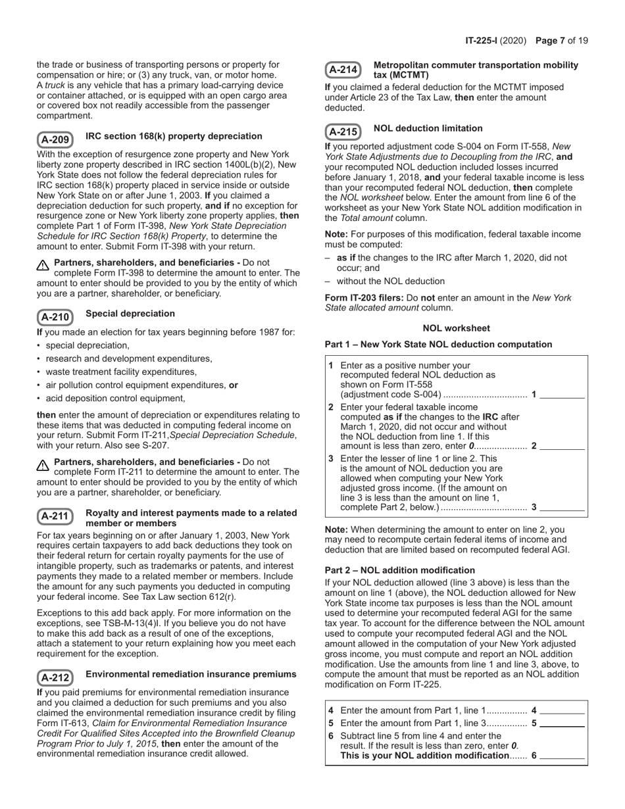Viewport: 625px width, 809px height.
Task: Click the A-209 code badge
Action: tap(55, 139)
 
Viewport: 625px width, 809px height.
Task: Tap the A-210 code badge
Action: tap(55, 317)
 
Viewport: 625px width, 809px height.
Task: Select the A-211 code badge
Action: tap(55, 516)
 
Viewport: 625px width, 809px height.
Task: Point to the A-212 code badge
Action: tap(55, 677)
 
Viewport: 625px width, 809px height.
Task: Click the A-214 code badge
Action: tap(343, 69)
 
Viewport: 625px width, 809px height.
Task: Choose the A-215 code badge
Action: tap(343, 132)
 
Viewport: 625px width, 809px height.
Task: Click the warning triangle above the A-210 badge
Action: tap(43, 265)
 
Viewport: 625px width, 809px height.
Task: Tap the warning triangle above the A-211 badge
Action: tap(43, 464)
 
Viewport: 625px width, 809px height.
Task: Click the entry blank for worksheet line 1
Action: tap(562, 395)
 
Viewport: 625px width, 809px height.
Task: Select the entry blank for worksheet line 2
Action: tap(562, 446)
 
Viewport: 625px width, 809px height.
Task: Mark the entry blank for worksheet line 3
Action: tap(562, 507)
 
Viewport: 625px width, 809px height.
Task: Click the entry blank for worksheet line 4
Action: tap(562, 710)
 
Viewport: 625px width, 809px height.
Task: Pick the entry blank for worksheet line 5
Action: tap(562, 723)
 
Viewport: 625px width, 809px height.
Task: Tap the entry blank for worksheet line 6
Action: tap(562, 756)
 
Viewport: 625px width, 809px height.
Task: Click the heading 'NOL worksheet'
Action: tap(456, 328)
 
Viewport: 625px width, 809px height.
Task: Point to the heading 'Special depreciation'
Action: tap(130, 314)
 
